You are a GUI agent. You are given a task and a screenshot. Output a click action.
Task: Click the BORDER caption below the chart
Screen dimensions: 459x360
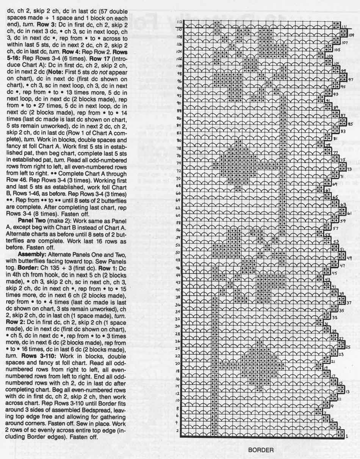[261, 450]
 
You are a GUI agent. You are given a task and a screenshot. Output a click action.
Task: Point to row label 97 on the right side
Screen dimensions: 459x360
[351, 80]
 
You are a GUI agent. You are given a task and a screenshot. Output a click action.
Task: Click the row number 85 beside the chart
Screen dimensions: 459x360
[351, 124]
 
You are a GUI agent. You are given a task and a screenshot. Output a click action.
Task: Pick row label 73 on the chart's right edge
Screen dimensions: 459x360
[349, 169]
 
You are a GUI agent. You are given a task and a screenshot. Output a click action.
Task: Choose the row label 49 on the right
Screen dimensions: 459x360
[349, 258]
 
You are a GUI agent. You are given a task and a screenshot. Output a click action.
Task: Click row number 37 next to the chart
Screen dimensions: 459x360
[349, 302]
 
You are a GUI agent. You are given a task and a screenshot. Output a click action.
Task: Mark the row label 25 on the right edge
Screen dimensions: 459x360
[348, 347]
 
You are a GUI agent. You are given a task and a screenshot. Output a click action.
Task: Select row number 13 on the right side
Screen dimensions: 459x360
[347, 391]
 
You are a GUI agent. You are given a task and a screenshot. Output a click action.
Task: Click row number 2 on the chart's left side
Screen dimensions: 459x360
[177, 431]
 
